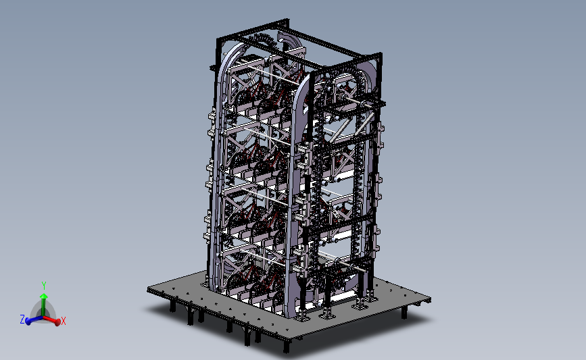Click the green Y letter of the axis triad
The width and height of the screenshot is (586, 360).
pyautogui.click(x=43, y=285)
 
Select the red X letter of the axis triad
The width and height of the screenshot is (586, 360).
pyautogui.click(x=64, y=322)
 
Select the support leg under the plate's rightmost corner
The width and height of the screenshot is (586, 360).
pyautogui.click(x=404, y=312)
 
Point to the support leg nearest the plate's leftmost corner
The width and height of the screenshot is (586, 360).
pyautogui.click(x=172, y=307)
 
